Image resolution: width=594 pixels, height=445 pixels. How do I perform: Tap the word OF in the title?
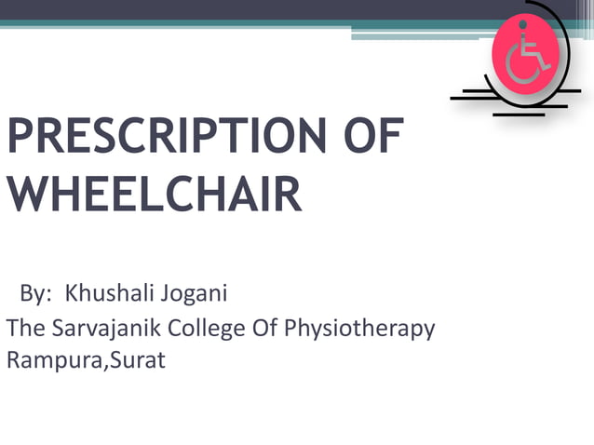(x=369, y=137)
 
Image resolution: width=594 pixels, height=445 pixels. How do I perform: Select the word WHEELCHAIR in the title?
(x=154, y=195)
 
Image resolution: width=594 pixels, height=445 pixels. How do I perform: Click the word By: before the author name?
(x=36, y=295)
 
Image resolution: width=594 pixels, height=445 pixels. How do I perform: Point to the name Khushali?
(x=108, y=295)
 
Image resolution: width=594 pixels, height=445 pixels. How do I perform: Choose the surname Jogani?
(x=193, y=295)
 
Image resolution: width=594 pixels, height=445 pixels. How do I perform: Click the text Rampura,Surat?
(x=86, y=359)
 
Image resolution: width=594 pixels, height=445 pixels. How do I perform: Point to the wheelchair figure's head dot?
(x=523, y=28)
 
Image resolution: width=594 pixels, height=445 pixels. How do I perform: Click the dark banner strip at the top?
(x=233, y=9)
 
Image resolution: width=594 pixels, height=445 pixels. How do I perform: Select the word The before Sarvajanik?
(x=23, y=329)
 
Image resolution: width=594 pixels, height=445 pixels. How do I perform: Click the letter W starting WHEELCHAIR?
(x=25, y=195)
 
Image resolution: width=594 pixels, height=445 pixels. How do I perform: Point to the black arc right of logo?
(x=565, y=47)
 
